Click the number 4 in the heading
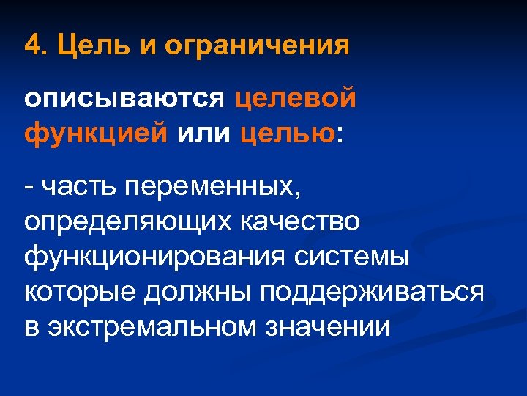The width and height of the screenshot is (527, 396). [31, 47]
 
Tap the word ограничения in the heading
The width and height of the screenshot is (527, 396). [257, 47]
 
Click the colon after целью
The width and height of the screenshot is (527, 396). [339, 135]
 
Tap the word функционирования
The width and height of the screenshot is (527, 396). [154, 257]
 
